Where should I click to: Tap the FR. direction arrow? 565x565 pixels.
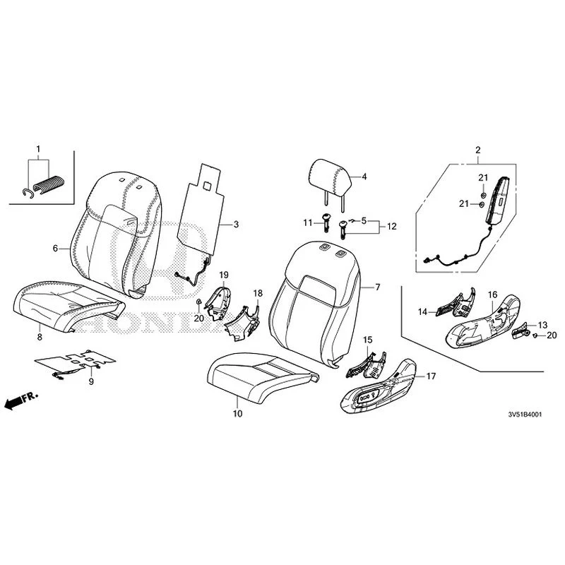click(20, 400)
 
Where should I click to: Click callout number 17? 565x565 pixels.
click(431, 376)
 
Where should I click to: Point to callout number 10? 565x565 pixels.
click(237, 414)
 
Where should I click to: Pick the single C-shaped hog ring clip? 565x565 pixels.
click(28, 193)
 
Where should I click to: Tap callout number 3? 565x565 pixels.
click(236, 224)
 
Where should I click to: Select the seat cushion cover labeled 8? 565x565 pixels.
click(69, 307)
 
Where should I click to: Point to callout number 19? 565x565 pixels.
click(224, 275)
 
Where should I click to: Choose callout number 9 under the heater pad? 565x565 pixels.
click(91, 381)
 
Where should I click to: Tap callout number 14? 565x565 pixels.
click(422, 311)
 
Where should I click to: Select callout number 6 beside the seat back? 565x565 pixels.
click(55, 249)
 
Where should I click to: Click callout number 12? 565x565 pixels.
click(392, 226)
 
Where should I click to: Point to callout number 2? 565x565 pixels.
click(478, 150)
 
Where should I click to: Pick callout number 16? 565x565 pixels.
click(492, 295)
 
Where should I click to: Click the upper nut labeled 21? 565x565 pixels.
click(484, 196)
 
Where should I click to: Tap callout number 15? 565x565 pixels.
click(367, 340)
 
